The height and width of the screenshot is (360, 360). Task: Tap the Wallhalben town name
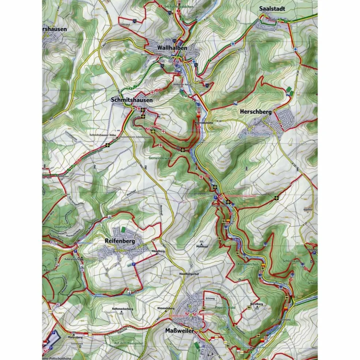172,48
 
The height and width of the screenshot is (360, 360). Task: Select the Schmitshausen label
132,100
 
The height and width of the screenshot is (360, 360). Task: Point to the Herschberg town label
256,112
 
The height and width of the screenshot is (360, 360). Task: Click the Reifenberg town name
120,241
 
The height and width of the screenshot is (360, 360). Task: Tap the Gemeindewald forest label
160,158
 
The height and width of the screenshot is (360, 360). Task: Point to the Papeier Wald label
226,307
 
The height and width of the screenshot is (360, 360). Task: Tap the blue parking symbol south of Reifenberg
134,265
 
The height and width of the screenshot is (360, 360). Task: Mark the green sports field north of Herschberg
289,89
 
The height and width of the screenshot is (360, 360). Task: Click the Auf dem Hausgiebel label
128,343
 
